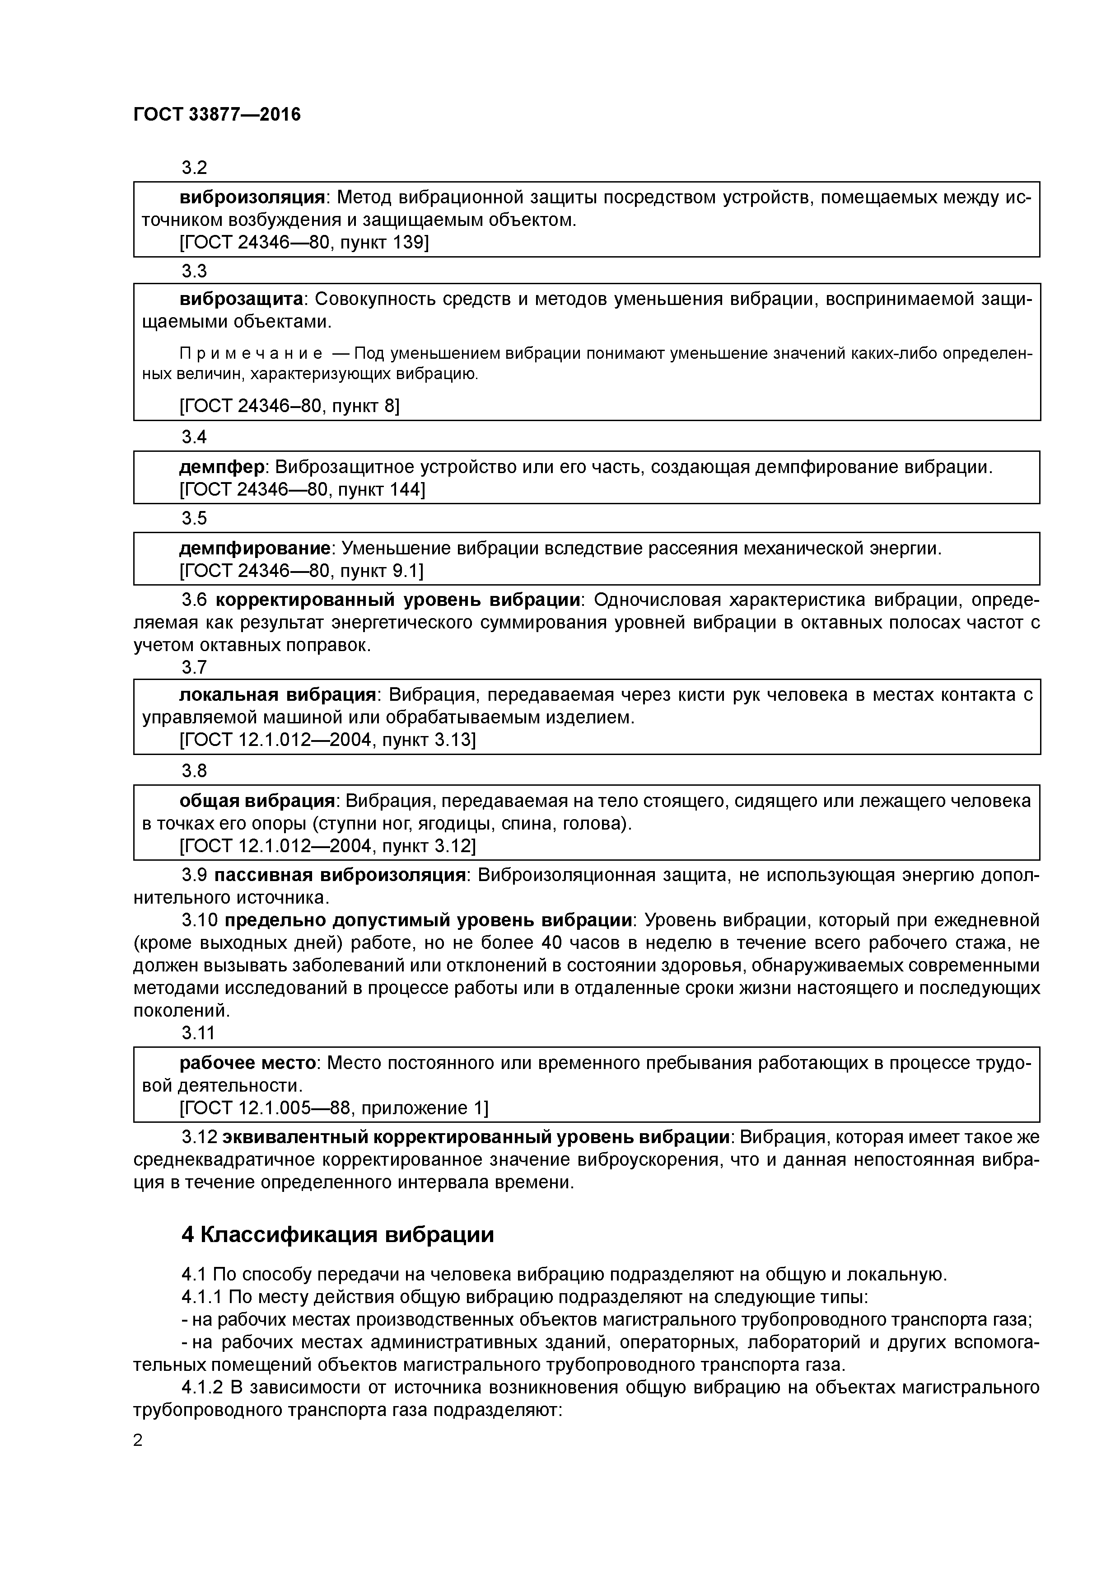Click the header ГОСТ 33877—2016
217,115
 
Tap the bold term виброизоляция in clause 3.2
252,198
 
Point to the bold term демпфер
222,467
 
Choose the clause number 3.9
195,875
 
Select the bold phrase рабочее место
248,1063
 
